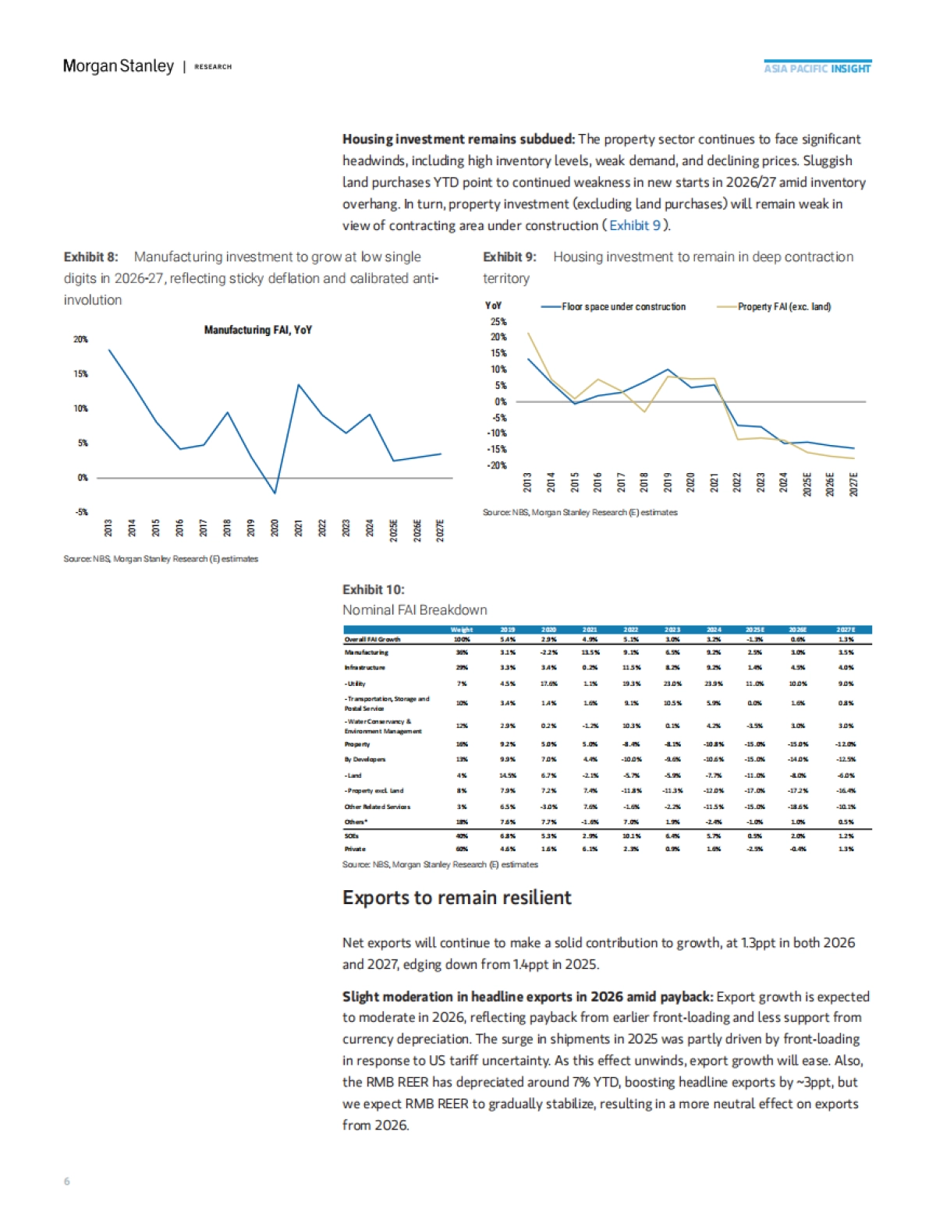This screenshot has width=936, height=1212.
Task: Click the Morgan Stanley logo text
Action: pyautogui.click(x=118, y=66)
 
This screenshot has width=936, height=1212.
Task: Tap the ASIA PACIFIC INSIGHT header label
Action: pyautogui.click(x=817, y=69)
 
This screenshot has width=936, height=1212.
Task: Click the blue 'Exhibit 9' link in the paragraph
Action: pyautogui.click(x=635, y=225)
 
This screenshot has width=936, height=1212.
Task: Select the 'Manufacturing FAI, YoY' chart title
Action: pyautogui.click(x=257, y=330)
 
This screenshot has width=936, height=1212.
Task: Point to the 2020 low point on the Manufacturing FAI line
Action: pyautogui.click(x=275, y=493)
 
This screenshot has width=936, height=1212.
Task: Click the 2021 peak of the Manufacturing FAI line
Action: pyautogui.click(x=298, y=385)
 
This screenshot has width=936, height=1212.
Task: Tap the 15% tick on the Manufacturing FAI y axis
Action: pyautogui.click(x=80, y=374)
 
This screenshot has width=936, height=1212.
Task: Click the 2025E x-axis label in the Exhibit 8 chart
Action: pyautogui.click(x=394, y=531)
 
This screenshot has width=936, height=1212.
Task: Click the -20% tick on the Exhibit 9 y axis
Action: pyautogui.click(x=498, y=465)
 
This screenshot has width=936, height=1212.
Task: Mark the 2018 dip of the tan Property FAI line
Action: pyautogui.click(x=645, y=412)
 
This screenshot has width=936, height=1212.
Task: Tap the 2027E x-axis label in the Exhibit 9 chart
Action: pyautogui.click(x=853, y=484)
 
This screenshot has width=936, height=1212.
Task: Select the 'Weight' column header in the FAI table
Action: pyautogui.click(x=462, y=630)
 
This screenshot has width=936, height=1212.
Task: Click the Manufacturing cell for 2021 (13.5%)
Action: pyautogui.click(x=590, y=652)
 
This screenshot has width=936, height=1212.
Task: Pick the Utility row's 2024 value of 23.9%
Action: pyautogui.click(x=713, y=684)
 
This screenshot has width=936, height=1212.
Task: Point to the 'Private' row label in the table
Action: pyautogui.click(x=355, y=849)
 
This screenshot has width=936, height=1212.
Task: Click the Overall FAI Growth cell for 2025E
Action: pyautogui.click(x=754, y=639)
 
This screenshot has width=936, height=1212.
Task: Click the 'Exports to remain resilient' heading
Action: pyautogui.click(x=457, y=898)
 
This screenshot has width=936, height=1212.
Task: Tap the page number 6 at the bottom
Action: pyautogui.click(x=66, y=1182)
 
